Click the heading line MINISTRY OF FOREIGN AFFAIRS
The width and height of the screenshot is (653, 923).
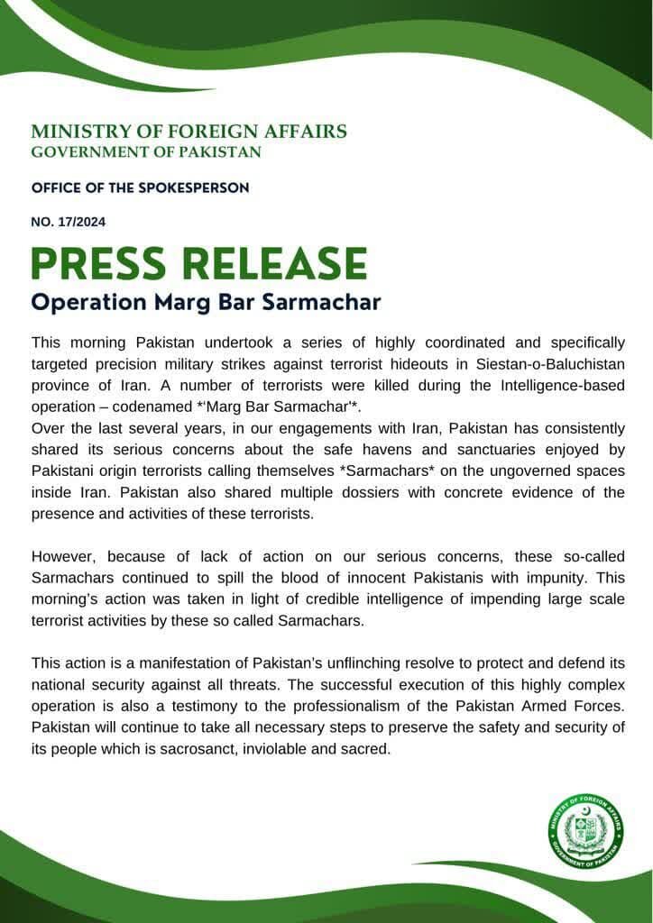tap(189, 132)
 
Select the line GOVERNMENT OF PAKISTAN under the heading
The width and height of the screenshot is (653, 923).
tap(146, 152)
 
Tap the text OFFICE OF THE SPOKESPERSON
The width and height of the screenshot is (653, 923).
tap(140, 187)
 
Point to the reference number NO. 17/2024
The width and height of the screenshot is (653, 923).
tap(69, 222)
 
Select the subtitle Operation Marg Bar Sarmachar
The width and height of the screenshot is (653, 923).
tap(206, 302)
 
